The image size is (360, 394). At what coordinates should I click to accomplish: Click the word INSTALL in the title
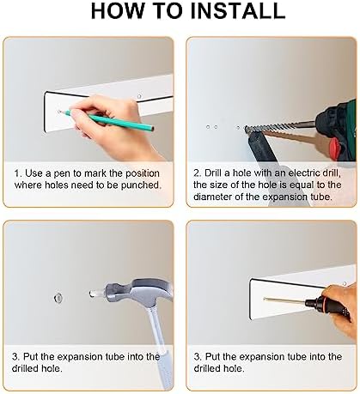237,10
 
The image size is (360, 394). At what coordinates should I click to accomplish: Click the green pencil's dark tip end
153,129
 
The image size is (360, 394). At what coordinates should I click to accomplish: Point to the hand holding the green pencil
114,127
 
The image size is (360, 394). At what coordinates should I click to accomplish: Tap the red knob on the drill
335,149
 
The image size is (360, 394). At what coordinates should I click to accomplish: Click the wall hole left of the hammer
58,298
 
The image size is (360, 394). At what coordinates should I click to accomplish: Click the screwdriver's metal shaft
284,300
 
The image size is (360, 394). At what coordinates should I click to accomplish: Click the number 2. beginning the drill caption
198,173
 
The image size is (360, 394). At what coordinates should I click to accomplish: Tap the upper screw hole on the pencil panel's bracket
139,96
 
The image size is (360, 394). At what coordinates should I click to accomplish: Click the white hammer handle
159,346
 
